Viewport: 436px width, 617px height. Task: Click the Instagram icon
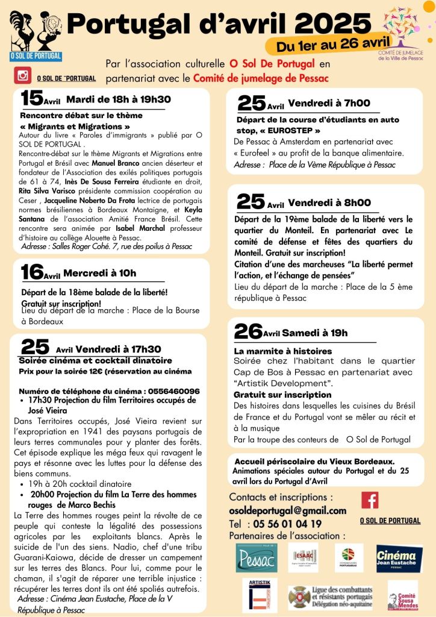point(23,77)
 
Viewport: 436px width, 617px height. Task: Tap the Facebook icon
point(370,500)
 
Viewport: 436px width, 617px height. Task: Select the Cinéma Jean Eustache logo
point(399,558)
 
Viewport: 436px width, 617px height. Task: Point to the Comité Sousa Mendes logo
point(402,595)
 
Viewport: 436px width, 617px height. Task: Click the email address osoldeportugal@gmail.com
point(288,511)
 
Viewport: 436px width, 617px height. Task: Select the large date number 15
point(32,98)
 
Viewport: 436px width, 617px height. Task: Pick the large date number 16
point(32,272)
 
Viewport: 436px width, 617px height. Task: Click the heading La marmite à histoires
point(282,351)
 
